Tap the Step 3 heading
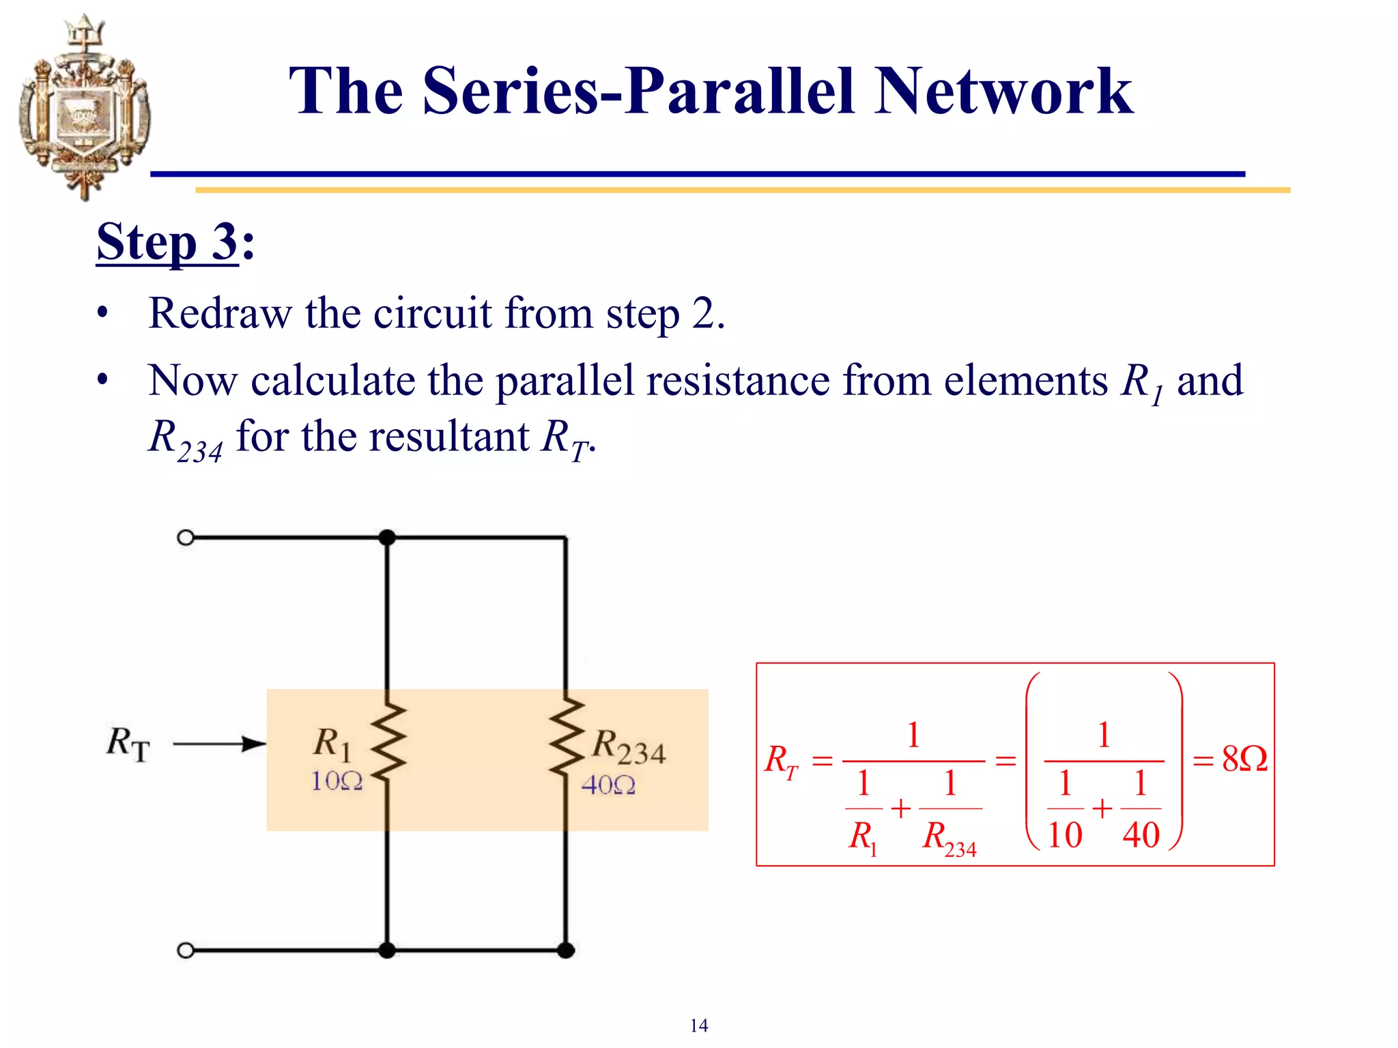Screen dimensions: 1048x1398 pos(175,242)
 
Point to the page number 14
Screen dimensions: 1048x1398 pos(698,1025)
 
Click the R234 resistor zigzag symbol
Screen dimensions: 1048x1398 pos(566,737)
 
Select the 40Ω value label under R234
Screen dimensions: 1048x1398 pos(608,785)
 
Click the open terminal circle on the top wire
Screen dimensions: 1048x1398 pos(186,538)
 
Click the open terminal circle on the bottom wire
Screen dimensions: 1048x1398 pos(186,950)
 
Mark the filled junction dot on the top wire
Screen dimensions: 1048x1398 pos(387,538)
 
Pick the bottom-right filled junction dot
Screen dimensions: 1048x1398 pos(566,950)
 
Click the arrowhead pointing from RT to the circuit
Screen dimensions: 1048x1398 pos(255,744)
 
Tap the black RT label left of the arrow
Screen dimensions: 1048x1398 pos(128,744)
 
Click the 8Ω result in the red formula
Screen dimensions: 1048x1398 pos(1244,759)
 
